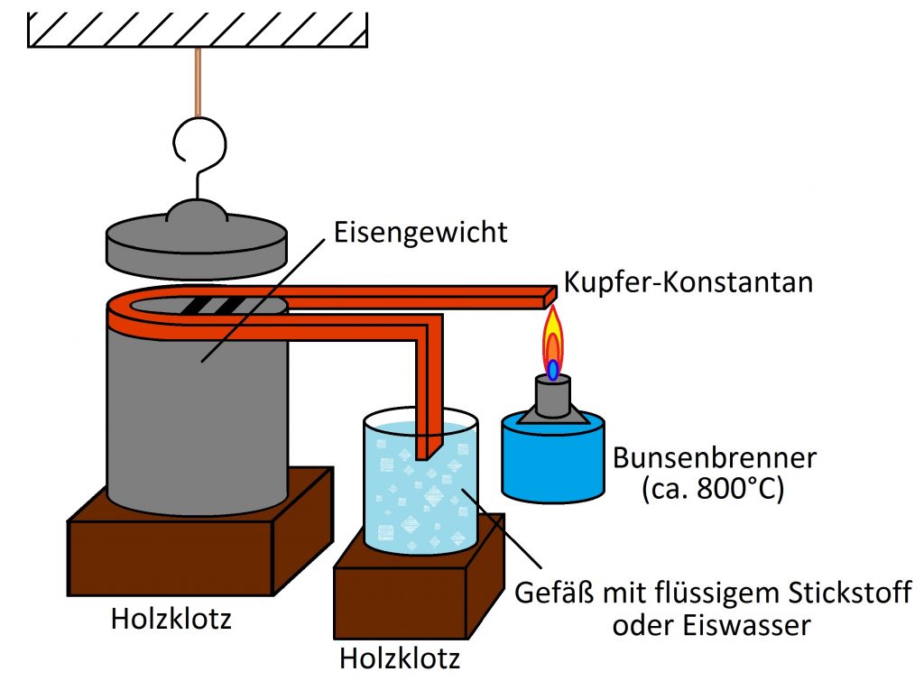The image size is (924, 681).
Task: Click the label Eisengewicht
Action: pos(420,234)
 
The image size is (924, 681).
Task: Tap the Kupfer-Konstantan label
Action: pos(688,282)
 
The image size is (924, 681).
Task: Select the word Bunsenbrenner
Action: pos(715,458)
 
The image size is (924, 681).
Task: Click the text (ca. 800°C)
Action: pos(713,489)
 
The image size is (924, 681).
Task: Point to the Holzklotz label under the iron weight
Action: pos(171,619)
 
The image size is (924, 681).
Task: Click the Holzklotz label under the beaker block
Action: pos(400,658)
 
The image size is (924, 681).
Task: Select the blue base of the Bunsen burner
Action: pos(553,458)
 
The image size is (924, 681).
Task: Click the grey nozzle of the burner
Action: pos(553,396)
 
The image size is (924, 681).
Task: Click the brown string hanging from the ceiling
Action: pos(198,82)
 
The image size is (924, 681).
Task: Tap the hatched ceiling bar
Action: pos(198,30)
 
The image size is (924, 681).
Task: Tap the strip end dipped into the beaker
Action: pos(429,447)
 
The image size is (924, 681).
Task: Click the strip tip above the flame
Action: pos(550,297)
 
